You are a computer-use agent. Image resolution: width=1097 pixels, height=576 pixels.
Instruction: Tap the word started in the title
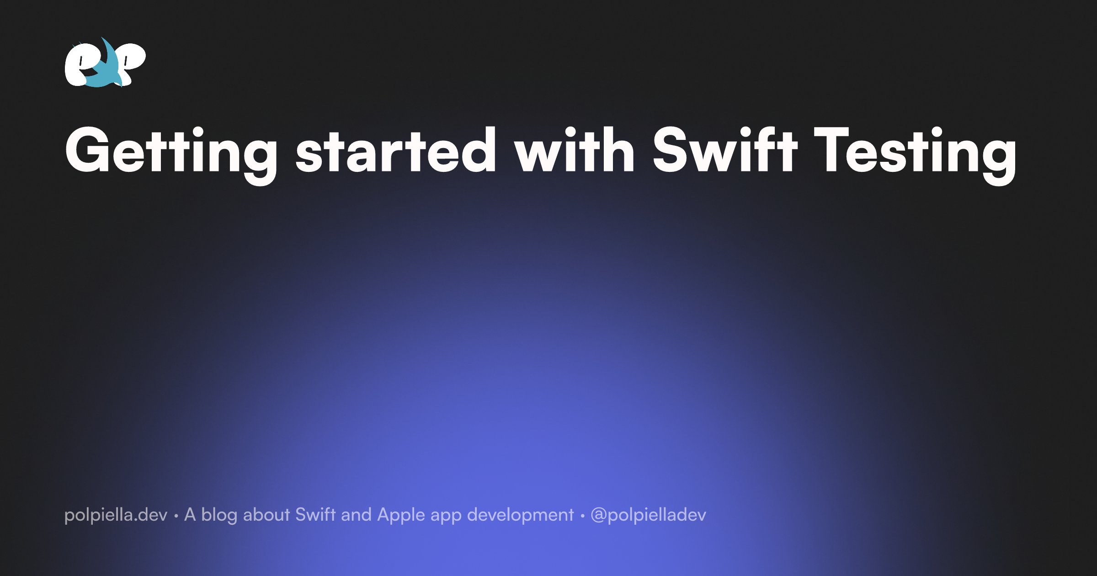pos(396,149)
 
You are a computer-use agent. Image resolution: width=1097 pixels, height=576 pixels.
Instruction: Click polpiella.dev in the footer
pos(116,515)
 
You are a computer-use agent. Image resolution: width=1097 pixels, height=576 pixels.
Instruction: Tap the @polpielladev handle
pos(649,515)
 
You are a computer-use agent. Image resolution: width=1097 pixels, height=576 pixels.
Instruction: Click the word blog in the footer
pos(219,515)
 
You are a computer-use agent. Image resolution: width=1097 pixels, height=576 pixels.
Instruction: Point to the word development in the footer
pos(520,515)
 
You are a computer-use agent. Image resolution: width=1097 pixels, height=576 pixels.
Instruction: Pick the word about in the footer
pos(266,515)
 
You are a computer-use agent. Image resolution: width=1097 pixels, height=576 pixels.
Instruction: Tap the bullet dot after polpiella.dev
pos(176,517)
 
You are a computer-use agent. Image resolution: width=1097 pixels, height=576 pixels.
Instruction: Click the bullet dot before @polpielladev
pos(582,517)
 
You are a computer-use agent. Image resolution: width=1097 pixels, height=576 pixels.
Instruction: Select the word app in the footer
pos(446,517)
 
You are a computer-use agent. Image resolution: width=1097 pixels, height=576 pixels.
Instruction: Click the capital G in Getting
pos(87,149)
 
